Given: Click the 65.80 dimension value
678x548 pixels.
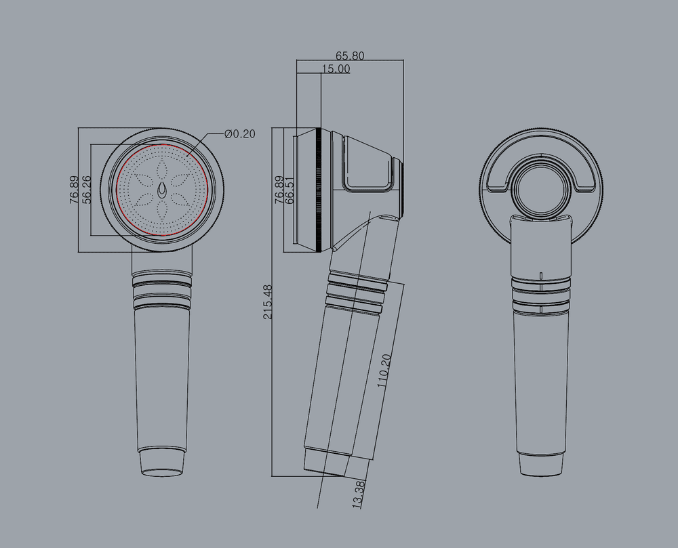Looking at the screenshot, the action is coord(350,56).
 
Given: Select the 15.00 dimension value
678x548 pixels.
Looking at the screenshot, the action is coord(336,68).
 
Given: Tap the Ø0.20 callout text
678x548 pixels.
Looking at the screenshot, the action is coord(240,134).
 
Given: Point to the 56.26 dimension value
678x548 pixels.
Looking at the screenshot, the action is coord(85,190).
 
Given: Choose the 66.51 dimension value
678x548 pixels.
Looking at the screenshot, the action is coord(290,190).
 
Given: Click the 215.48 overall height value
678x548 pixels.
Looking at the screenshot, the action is coord(268,301).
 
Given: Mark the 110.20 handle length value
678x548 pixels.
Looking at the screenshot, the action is coord(384,371).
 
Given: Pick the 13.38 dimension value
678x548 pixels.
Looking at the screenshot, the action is coord(359,494).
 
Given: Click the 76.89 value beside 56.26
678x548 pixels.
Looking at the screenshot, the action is coord(73,190).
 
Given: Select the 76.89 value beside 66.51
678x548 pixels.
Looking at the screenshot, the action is coord(279,190).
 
